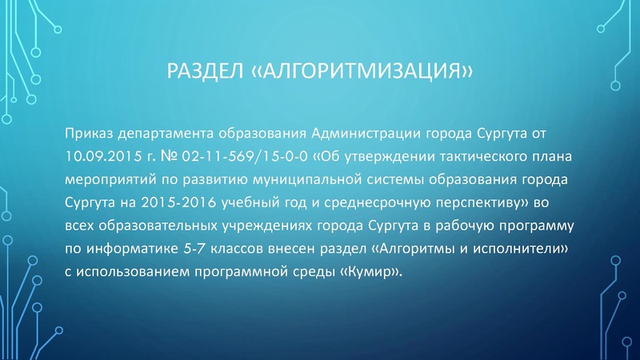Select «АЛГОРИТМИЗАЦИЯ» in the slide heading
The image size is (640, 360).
tap(362, 74)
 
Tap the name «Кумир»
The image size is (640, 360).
tap(370, 273)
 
